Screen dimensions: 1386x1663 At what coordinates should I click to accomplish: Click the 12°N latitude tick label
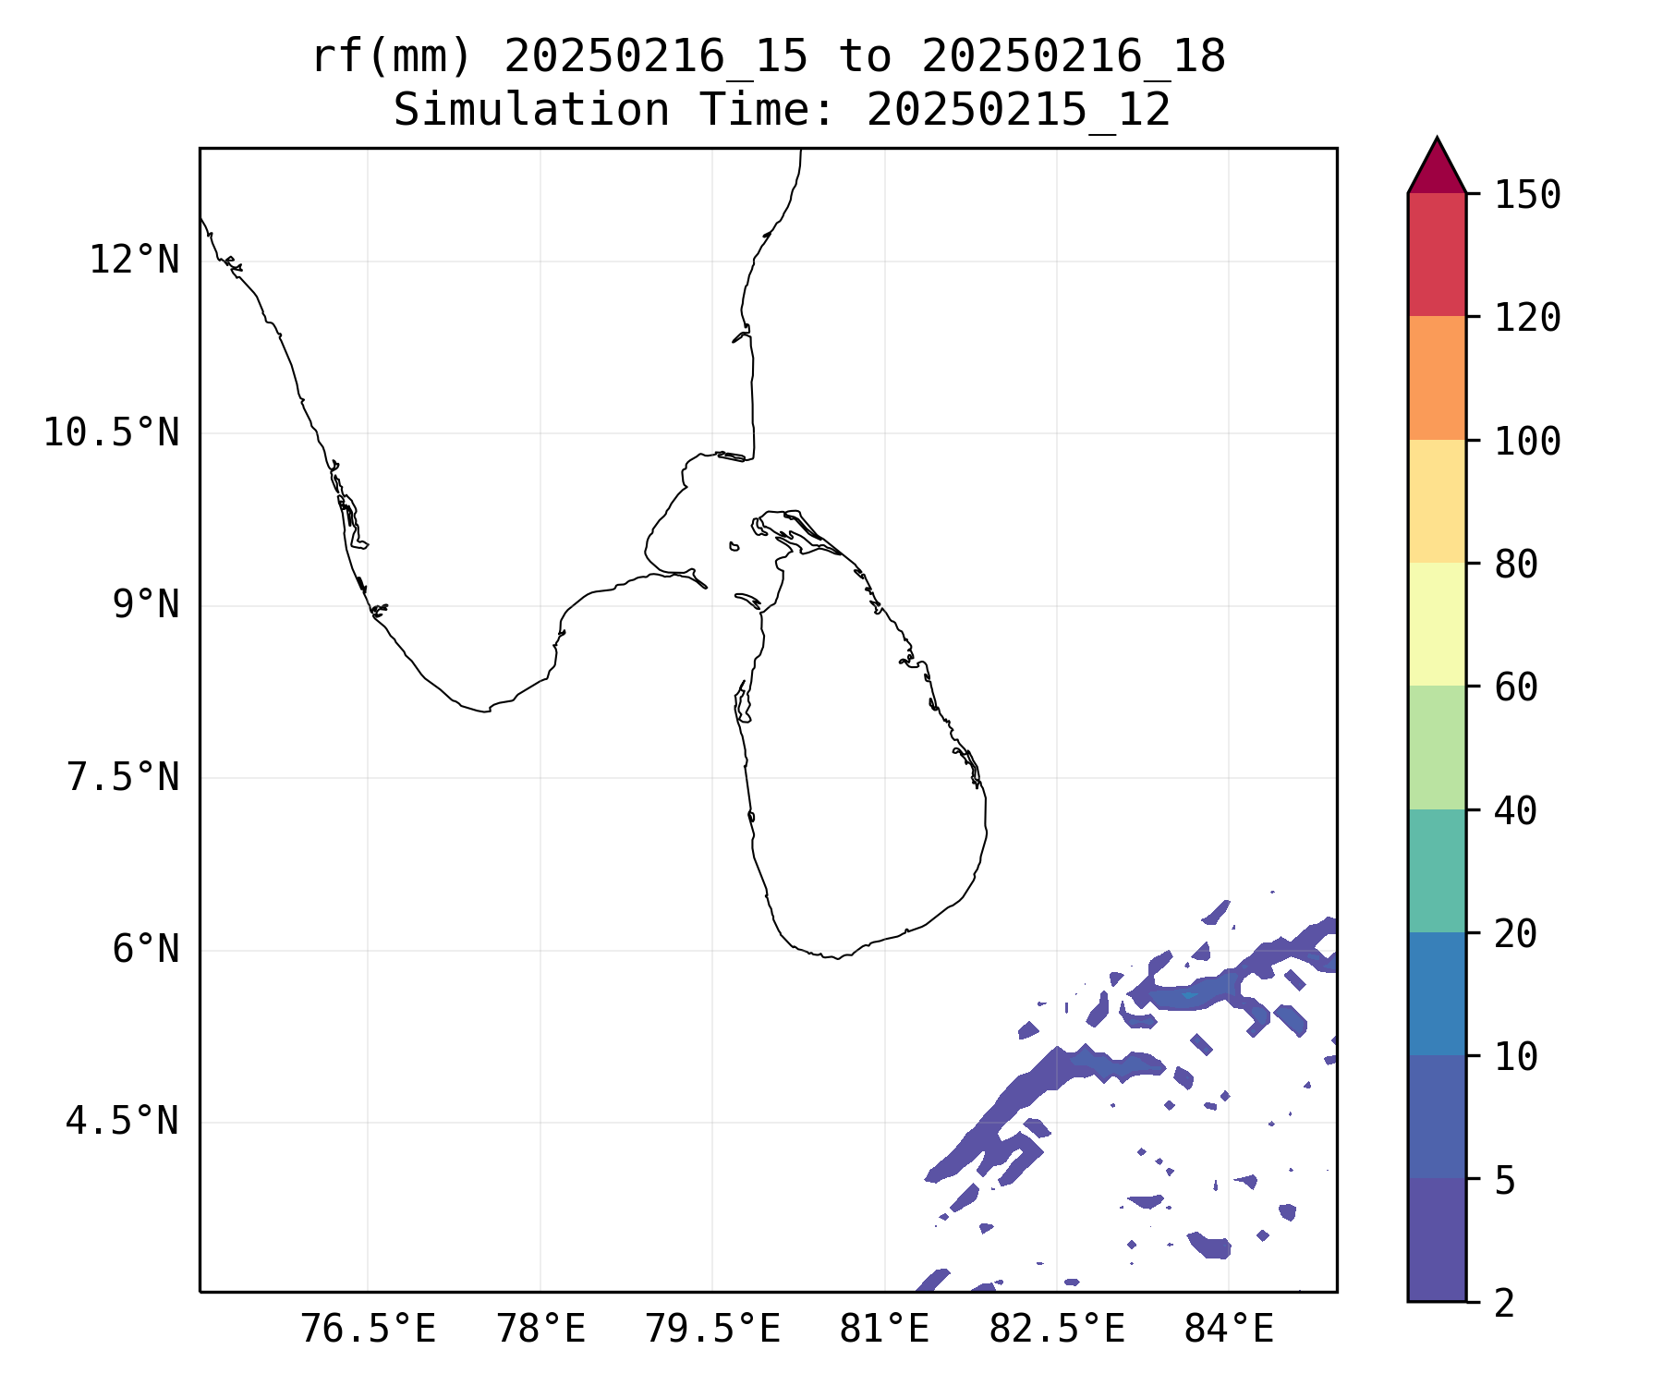click(134, 261)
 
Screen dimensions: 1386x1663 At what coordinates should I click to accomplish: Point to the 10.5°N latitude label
click(112, 432)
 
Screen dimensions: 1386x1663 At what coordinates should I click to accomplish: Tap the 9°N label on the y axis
click(146, 605)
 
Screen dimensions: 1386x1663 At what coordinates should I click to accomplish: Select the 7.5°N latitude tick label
click(123, 777)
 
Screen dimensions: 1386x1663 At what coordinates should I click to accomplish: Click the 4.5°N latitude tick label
click(123, 1122)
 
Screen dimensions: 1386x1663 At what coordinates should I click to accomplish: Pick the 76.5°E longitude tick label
click(369, 1329)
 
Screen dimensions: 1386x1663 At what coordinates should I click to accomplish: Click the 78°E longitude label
click(541, 1329)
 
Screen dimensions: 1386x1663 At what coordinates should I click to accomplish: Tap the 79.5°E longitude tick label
click(712, 1329)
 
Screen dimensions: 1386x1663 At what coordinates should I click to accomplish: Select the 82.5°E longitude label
click(1057, 1329)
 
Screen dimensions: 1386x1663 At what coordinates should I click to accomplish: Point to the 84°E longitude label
click(1230, 1329)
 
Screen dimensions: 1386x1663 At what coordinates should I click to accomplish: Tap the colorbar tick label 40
click(1516, 810)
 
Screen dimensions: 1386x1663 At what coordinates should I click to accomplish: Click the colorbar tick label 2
click(1505, 1303)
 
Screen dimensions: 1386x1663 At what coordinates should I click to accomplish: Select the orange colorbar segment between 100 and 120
click(1437, 378)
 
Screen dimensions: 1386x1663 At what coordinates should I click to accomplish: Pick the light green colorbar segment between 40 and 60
click(1437, 748)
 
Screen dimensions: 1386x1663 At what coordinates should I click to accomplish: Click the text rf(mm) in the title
click(392, 57)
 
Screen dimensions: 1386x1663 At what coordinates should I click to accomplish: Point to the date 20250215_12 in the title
click(1018, 111)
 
